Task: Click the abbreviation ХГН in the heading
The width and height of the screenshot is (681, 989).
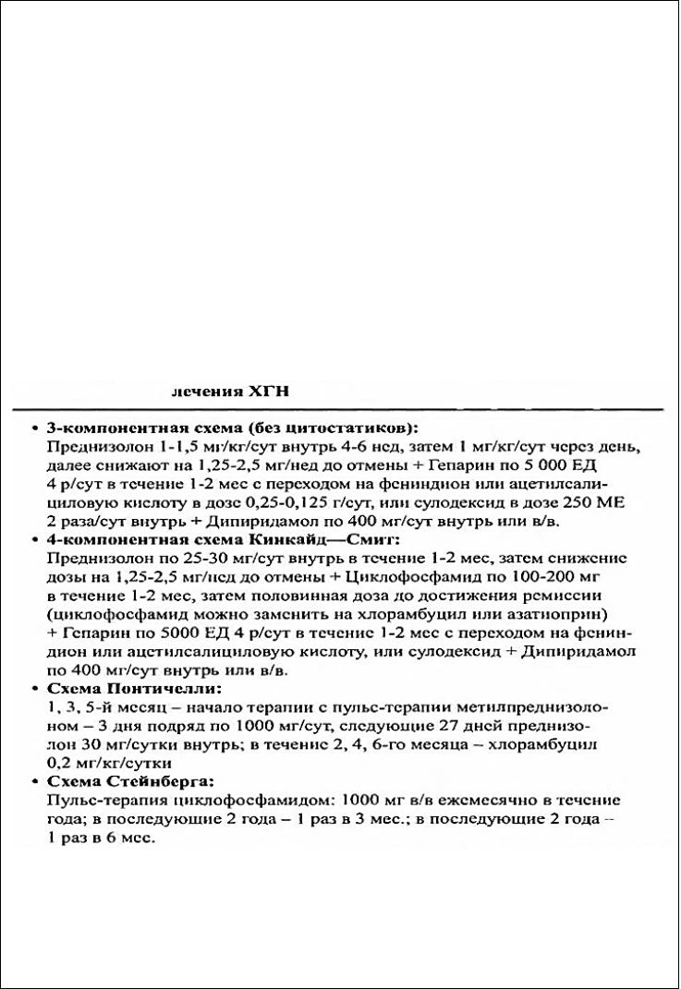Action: pyautogui.click(x=269, y=392)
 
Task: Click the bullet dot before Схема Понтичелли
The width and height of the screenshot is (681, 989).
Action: pyautogui.click(x=34, y=689)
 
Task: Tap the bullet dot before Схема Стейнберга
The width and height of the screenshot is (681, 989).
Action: pyautogui.click(x=34, y=781)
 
